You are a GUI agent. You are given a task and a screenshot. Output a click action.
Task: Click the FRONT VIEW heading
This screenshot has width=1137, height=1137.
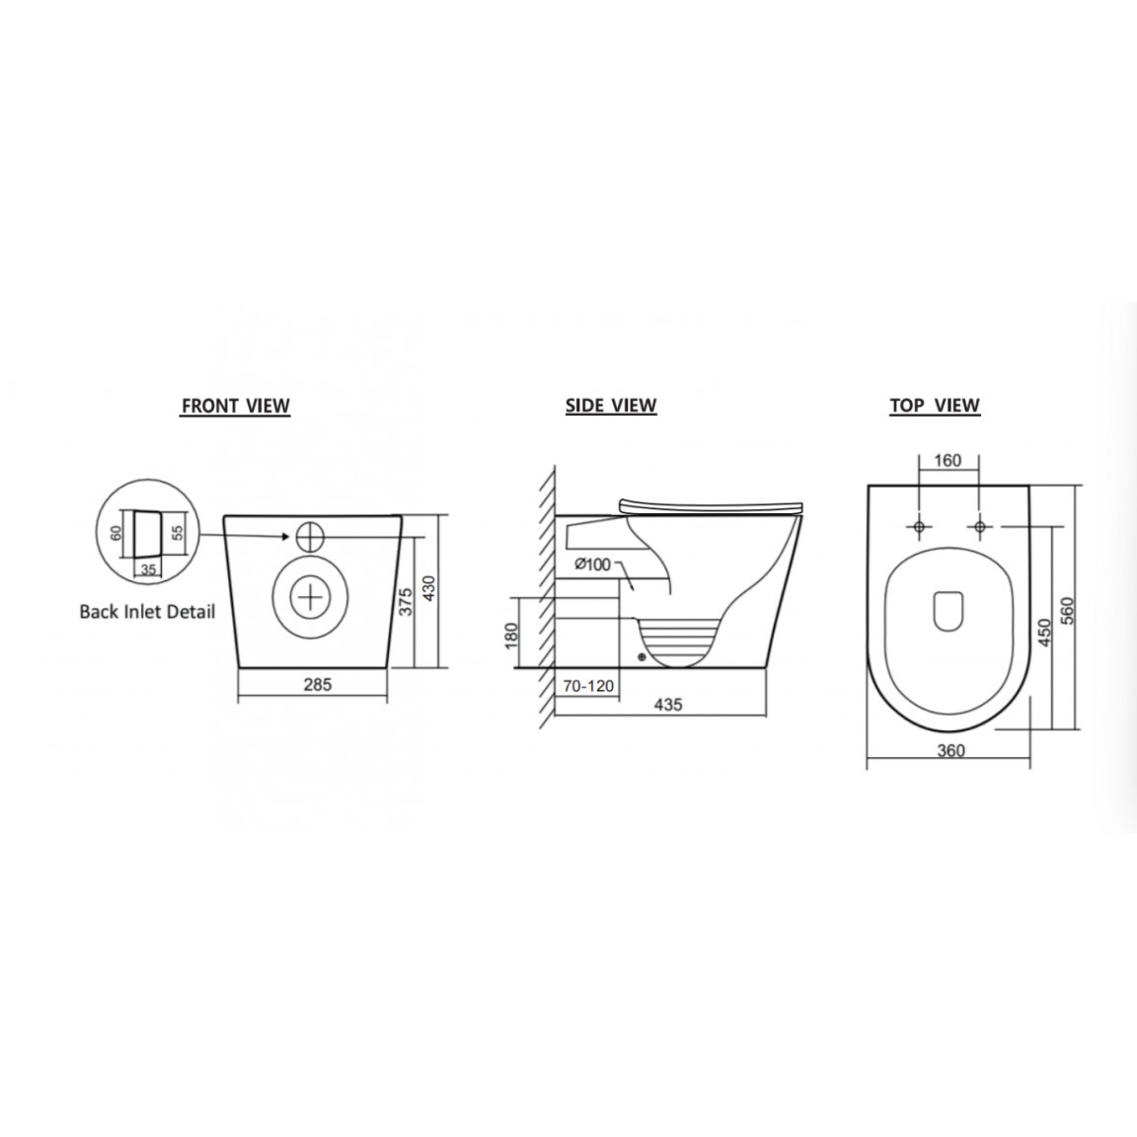(235, 406)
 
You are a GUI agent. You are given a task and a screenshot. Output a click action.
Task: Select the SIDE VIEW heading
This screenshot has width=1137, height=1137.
(611, 406)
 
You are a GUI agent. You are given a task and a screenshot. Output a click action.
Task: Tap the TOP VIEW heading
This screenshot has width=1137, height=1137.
(935, 406)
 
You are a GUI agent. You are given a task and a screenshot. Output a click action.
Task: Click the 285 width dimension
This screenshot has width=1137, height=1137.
(318, 684)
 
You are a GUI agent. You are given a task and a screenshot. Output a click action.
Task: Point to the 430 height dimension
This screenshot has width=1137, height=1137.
(428, 590)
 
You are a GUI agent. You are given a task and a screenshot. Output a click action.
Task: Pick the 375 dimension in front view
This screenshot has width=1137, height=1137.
(406, 602)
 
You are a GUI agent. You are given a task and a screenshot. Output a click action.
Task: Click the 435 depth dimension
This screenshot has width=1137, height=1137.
(668, 704)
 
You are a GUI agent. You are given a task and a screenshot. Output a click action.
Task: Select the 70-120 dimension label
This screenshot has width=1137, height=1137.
(588, 686)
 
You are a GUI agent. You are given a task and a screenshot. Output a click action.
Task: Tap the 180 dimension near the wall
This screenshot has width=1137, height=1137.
(511, 636)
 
